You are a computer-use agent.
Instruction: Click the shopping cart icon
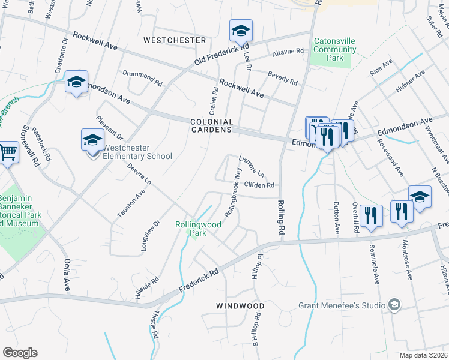pyautogui.click(x=8, y=152)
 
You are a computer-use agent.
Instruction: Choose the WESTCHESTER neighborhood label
pyautogui.click(x=175, y=40)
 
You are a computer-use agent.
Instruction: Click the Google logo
pyautogui.click(x=20, y=353)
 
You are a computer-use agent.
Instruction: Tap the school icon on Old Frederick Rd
pyautogui.click(x=241, y=31)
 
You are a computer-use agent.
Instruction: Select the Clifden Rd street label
pyautogui.click(x=259, y=185)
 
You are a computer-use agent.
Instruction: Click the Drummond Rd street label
pyautogui.click(x=143, y=76)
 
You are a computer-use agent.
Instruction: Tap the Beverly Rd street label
pyautogui.click(x=282, y=78)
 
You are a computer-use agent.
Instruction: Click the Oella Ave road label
pyautogui.click(x=67, y=275)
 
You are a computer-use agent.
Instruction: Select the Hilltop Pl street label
pyautogui.click(x=260, y=265)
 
